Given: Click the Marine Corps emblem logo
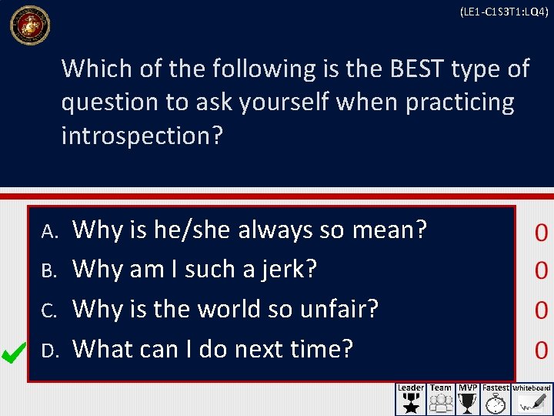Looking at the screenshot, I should [x=29, y=25].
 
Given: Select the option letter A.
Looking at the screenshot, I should [x=48, y=230].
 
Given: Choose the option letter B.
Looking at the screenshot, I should [x=48, y=270].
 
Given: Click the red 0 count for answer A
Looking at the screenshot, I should [x=541, y=233].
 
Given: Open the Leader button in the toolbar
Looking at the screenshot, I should [x=411, y=399].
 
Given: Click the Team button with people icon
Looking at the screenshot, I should [x=441, y=399].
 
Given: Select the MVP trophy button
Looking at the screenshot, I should [x=467, y=399].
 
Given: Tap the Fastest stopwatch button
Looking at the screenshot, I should [x=496, y=399].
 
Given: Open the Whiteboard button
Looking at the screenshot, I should [x=532, y=399].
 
